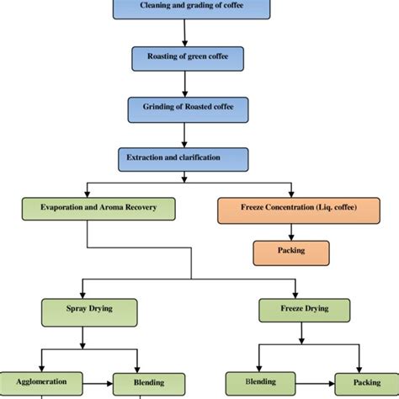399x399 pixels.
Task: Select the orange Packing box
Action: (290, 251)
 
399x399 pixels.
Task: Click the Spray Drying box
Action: (82, 309)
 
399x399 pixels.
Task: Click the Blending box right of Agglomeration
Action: (137, 383)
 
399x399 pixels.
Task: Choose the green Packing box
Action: (361, 383)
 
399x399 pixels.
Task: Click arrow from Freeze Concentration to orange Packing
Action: (290, 231)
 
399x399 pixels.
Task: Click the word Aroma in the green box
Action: (110, 208)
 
